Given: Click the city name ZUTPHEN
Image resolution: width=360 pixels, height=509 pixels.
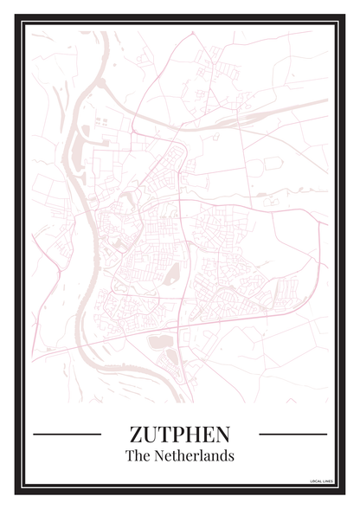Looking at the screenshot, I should pyautogui.click(x=180, y=433).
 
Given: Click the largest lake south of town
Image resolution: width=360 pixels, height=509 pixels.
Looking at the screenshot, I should pyautogui.click(x=161, y=342).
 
